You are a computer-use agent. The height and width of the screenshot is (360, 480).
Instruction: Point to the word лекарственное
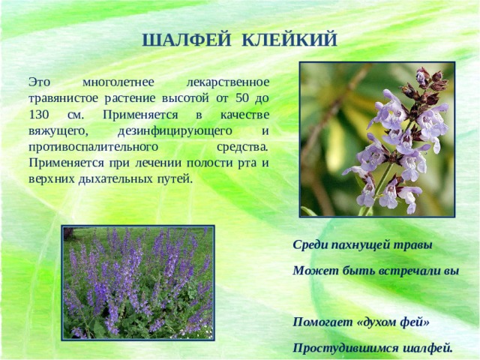pos(226,81)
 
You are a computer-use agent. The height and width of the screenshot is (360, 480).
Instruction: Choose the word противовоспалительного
pos(94,147)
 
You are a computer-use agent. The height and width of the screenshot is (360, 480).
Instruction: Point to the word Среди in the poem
pos(310,244)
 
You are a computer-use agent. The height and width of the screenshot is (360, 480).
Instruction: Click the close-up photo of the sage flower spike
pos(376,139)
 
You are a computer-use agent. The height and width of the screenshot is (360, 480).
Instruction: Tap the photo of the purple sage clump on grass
pos(139,282)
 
